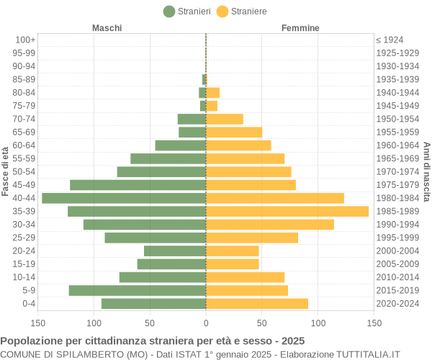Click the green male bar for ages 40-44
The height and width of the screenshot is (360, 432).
pyautogui.click(x=124, y=198)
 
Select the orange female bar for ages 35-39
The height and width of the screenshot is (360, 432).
pyautogui.click(x=287, y=211)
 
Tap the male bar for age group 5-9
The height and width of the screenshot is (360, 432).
pyautogui.click(x=138, y=290)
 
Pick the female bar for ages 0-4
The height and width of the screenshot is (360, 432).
pyautogui.click(x=257, y=304)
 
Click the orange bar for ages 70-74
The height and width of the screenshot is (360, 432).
pyautogui.click(x=225, y=119)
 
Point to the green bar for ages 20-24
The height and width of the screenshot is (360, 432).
pyautogui.click(x=175, y=251)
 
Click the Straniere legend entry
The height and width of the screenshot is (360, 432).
pyautogui.click(x=242, y=12)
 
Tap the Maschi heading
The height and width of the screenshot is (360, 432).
pyautogui.click(x=107, y=28)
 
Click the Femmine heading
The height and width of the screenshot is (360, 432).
pyautogui.click(x=300, y=28)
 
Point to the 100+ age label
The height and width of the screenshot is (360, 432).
pyautogui.click(x=25, y=40)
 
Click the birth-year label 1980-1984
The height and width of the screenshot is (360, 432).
pyautogui.click(x=397, y=198)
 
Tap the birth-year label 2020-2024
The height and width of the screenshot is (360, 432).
pyautogui.click(x=397, y=304)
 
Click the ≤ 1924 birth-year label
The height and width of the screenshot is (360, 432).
pyautogui.click(x=390, y=40)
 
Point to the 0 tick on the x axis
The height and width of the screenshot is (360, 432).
pyautogui.click(x=206, y=324)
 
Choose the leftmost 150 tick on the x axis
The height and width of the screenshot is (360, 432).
pyautogui.click(x=38, y=324)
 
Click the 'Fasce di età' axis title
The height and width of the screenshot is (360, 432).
pyautogui.click(x=6, y=171)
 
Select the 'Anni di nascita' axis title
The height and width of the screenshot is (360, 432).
pyautogui.click(x=426, y=171)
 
